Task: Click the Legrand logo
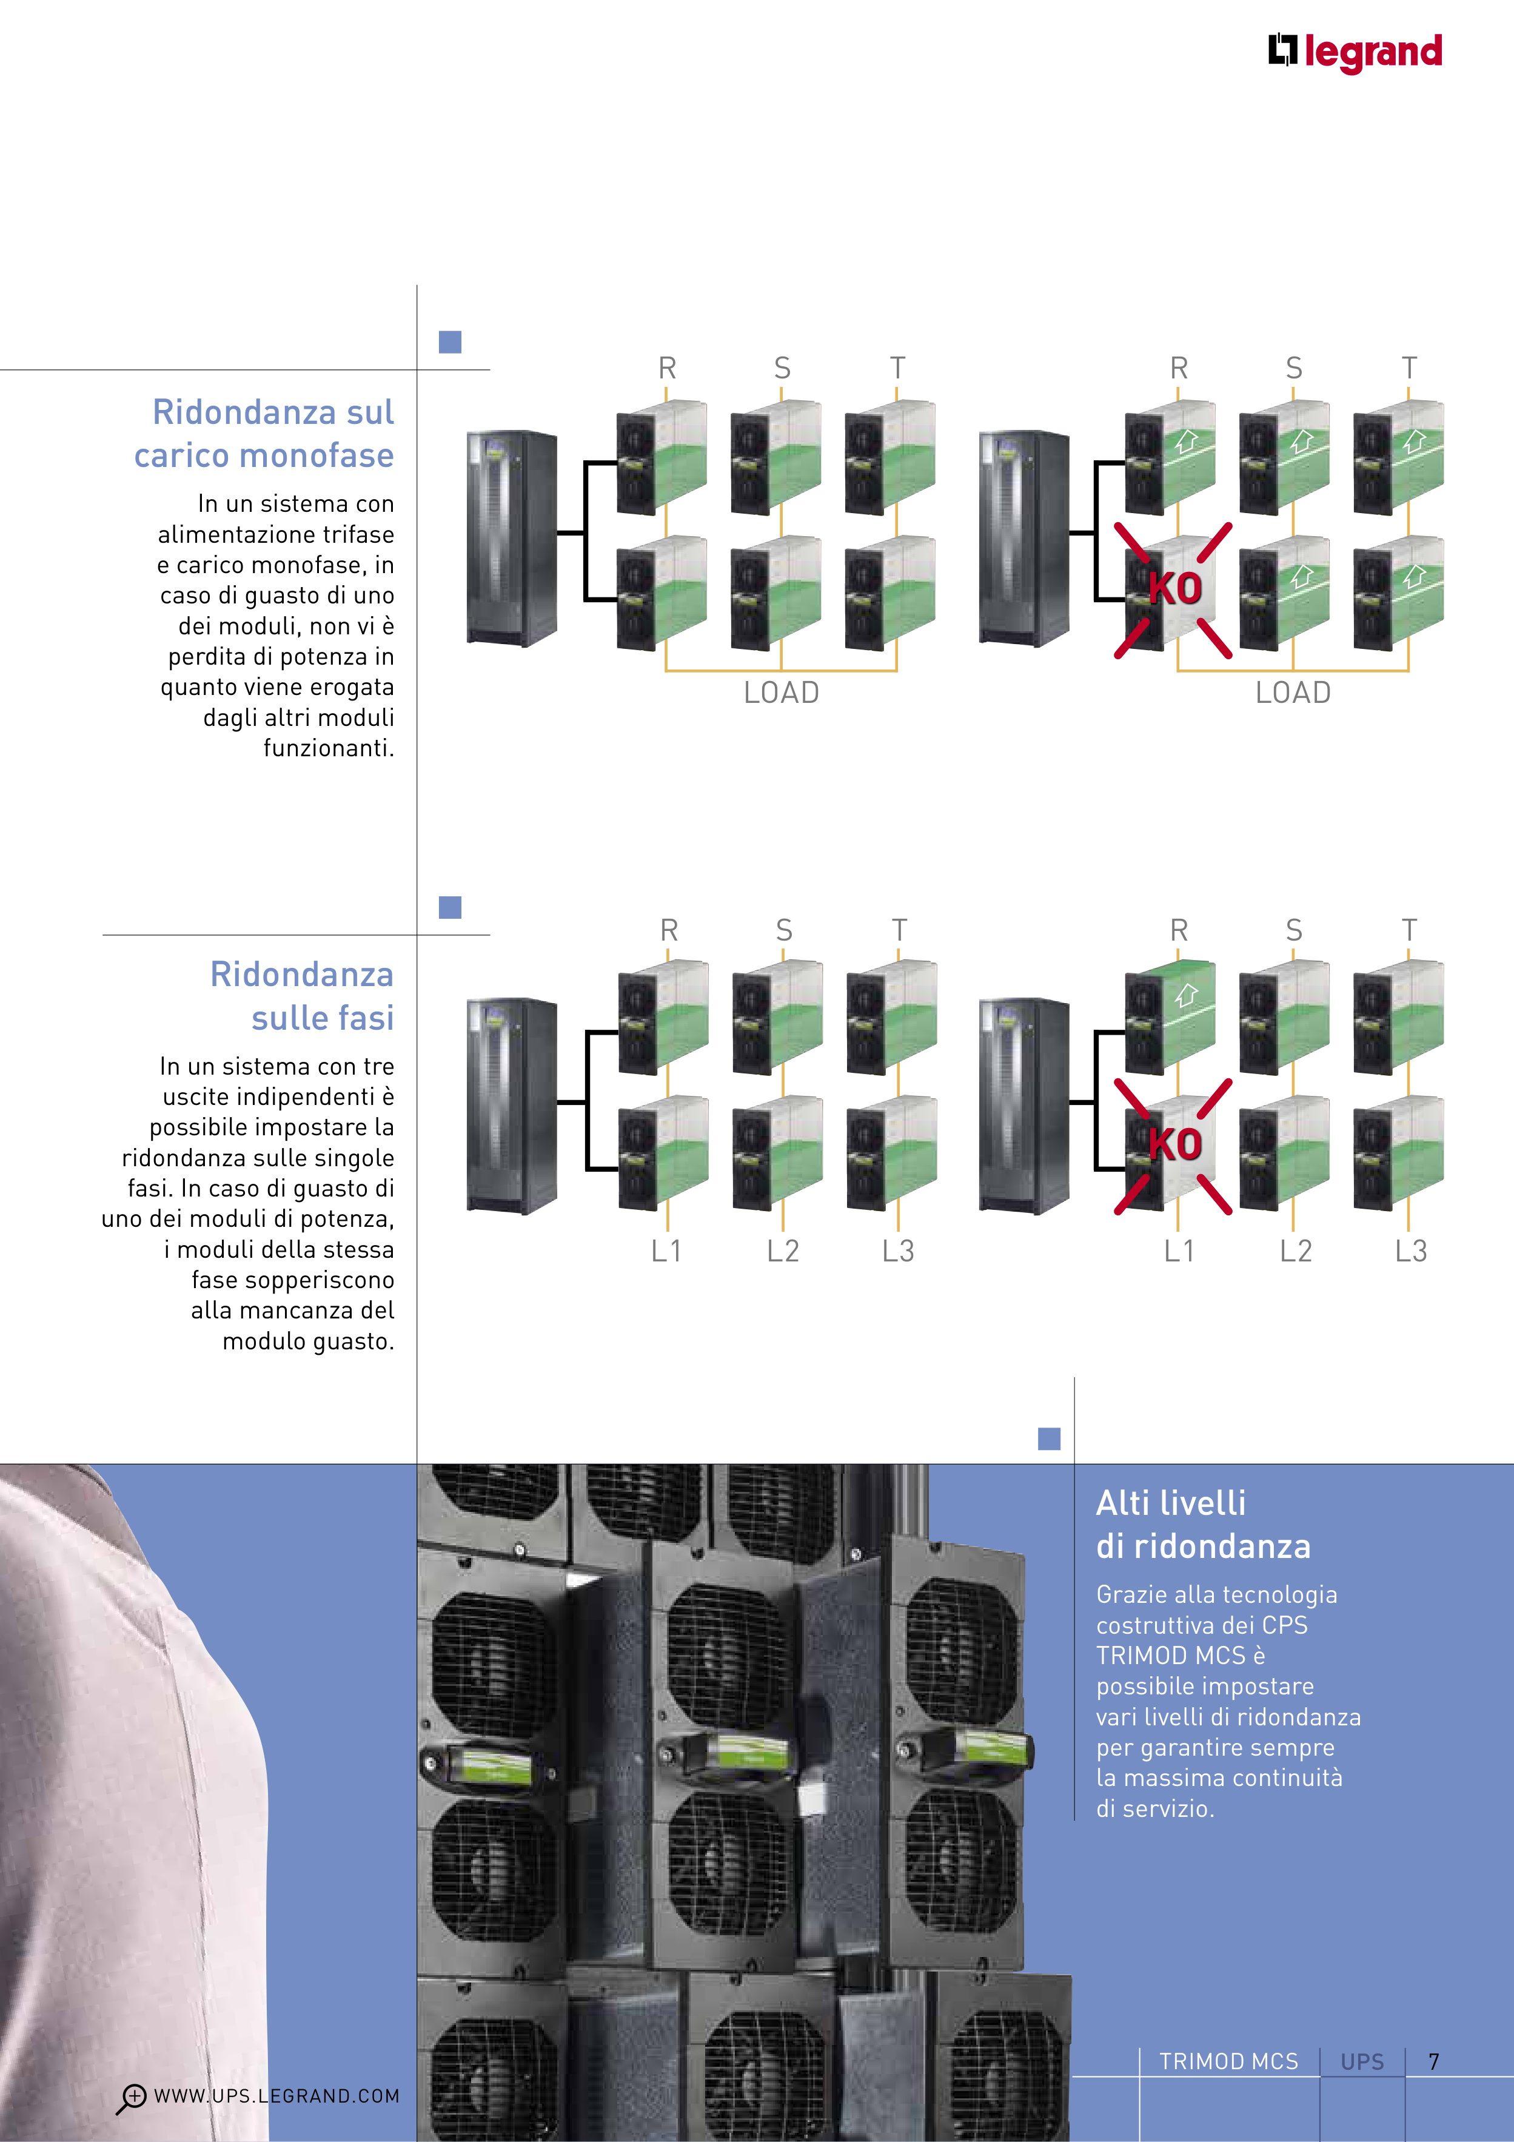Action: coord(1355,52)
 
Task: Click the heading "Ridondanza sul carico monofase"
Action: coord(265,434)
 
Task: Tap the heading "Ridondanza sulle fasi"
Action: coord(302,995)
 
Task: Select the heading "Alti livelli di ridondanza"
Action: coord(1202,1525)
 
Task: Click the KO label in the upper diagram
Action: coord(1174,589)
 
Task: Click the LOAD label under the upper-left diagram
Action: coord(781,693)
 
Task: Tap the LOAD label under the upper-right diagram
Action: coord(1293,693)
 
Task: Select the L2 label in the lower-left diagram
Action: coord(783,1251)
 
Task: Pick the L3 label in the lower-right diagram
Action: coord(1410,1251)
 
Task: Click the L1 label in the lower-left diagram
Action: coord(666,1251)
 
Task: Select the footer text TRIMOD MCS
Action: coord(1228,2062)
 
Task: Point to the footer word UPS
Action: coord(1362,2062)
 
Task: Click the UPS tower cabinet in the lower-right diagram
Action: coord(1023,1106)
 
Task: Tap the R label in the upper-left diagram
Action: coord(667,369)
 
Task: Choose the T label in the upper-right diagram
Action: coord(1408,369)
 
